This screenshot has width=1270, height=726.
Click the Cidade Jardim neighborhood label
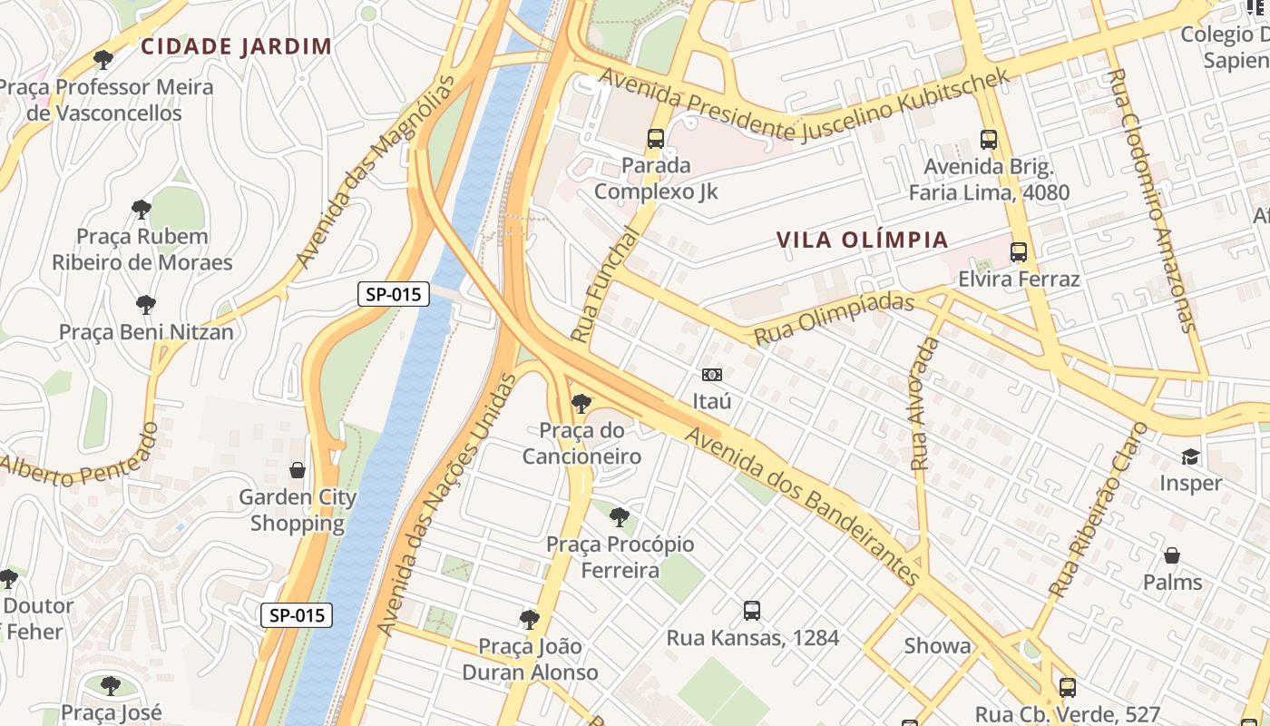236,46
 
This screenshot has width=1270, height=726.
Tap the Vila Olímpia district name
863,240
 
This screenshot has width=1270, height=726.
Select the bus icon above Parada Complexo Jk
656,139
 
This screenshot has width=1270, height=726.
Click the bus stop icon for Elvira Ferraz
1019,252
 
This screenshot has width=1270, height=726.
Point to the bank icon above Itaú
712,374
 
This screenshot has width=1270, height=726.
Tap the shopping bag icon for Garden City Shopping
297,470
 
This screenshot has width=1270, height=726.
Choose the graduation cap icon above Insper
1190,456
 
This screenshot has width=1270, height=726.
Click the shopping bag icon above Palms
1172,555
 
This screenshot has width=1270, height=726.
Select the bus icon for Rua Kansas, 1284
752,611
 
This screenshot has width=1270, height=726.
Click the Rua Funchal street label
604,284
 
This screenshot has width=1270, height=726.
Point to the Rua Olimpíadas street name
834,318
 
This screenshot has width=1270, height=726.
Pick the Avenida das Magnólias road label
375,172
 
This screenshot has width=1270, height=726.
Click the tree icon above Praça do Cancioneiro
581,404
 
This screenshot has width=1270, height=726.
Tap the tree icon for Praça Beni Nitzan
146,305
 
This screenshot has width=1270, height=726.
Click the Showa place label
937,646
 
